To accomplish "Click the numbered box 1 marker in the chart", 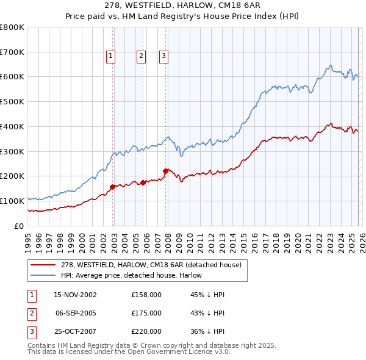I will [x=111, y=56].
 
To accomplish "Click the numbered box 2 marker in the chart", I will [x=141, y=56].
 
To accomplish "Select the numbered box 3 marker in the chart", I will [x=164, y=56].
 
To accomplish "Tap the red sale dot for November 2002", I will [x=113, y=187].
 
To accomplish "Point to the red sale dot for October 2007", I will [x=165, y=171].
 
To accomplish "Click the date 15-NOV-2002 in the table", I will [x=75, y=295].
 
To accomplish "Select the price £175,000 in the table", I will [x=146, y=313].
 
